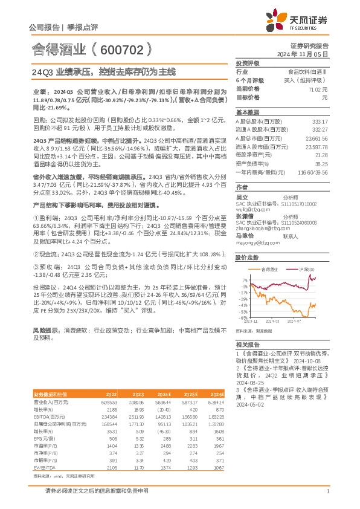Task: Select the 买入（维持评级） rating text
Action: [x=308, y=80]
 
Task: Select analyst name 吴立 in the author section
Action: [x=242, y=197]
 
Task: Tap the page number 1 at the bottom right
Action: [x=327, y=491]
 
